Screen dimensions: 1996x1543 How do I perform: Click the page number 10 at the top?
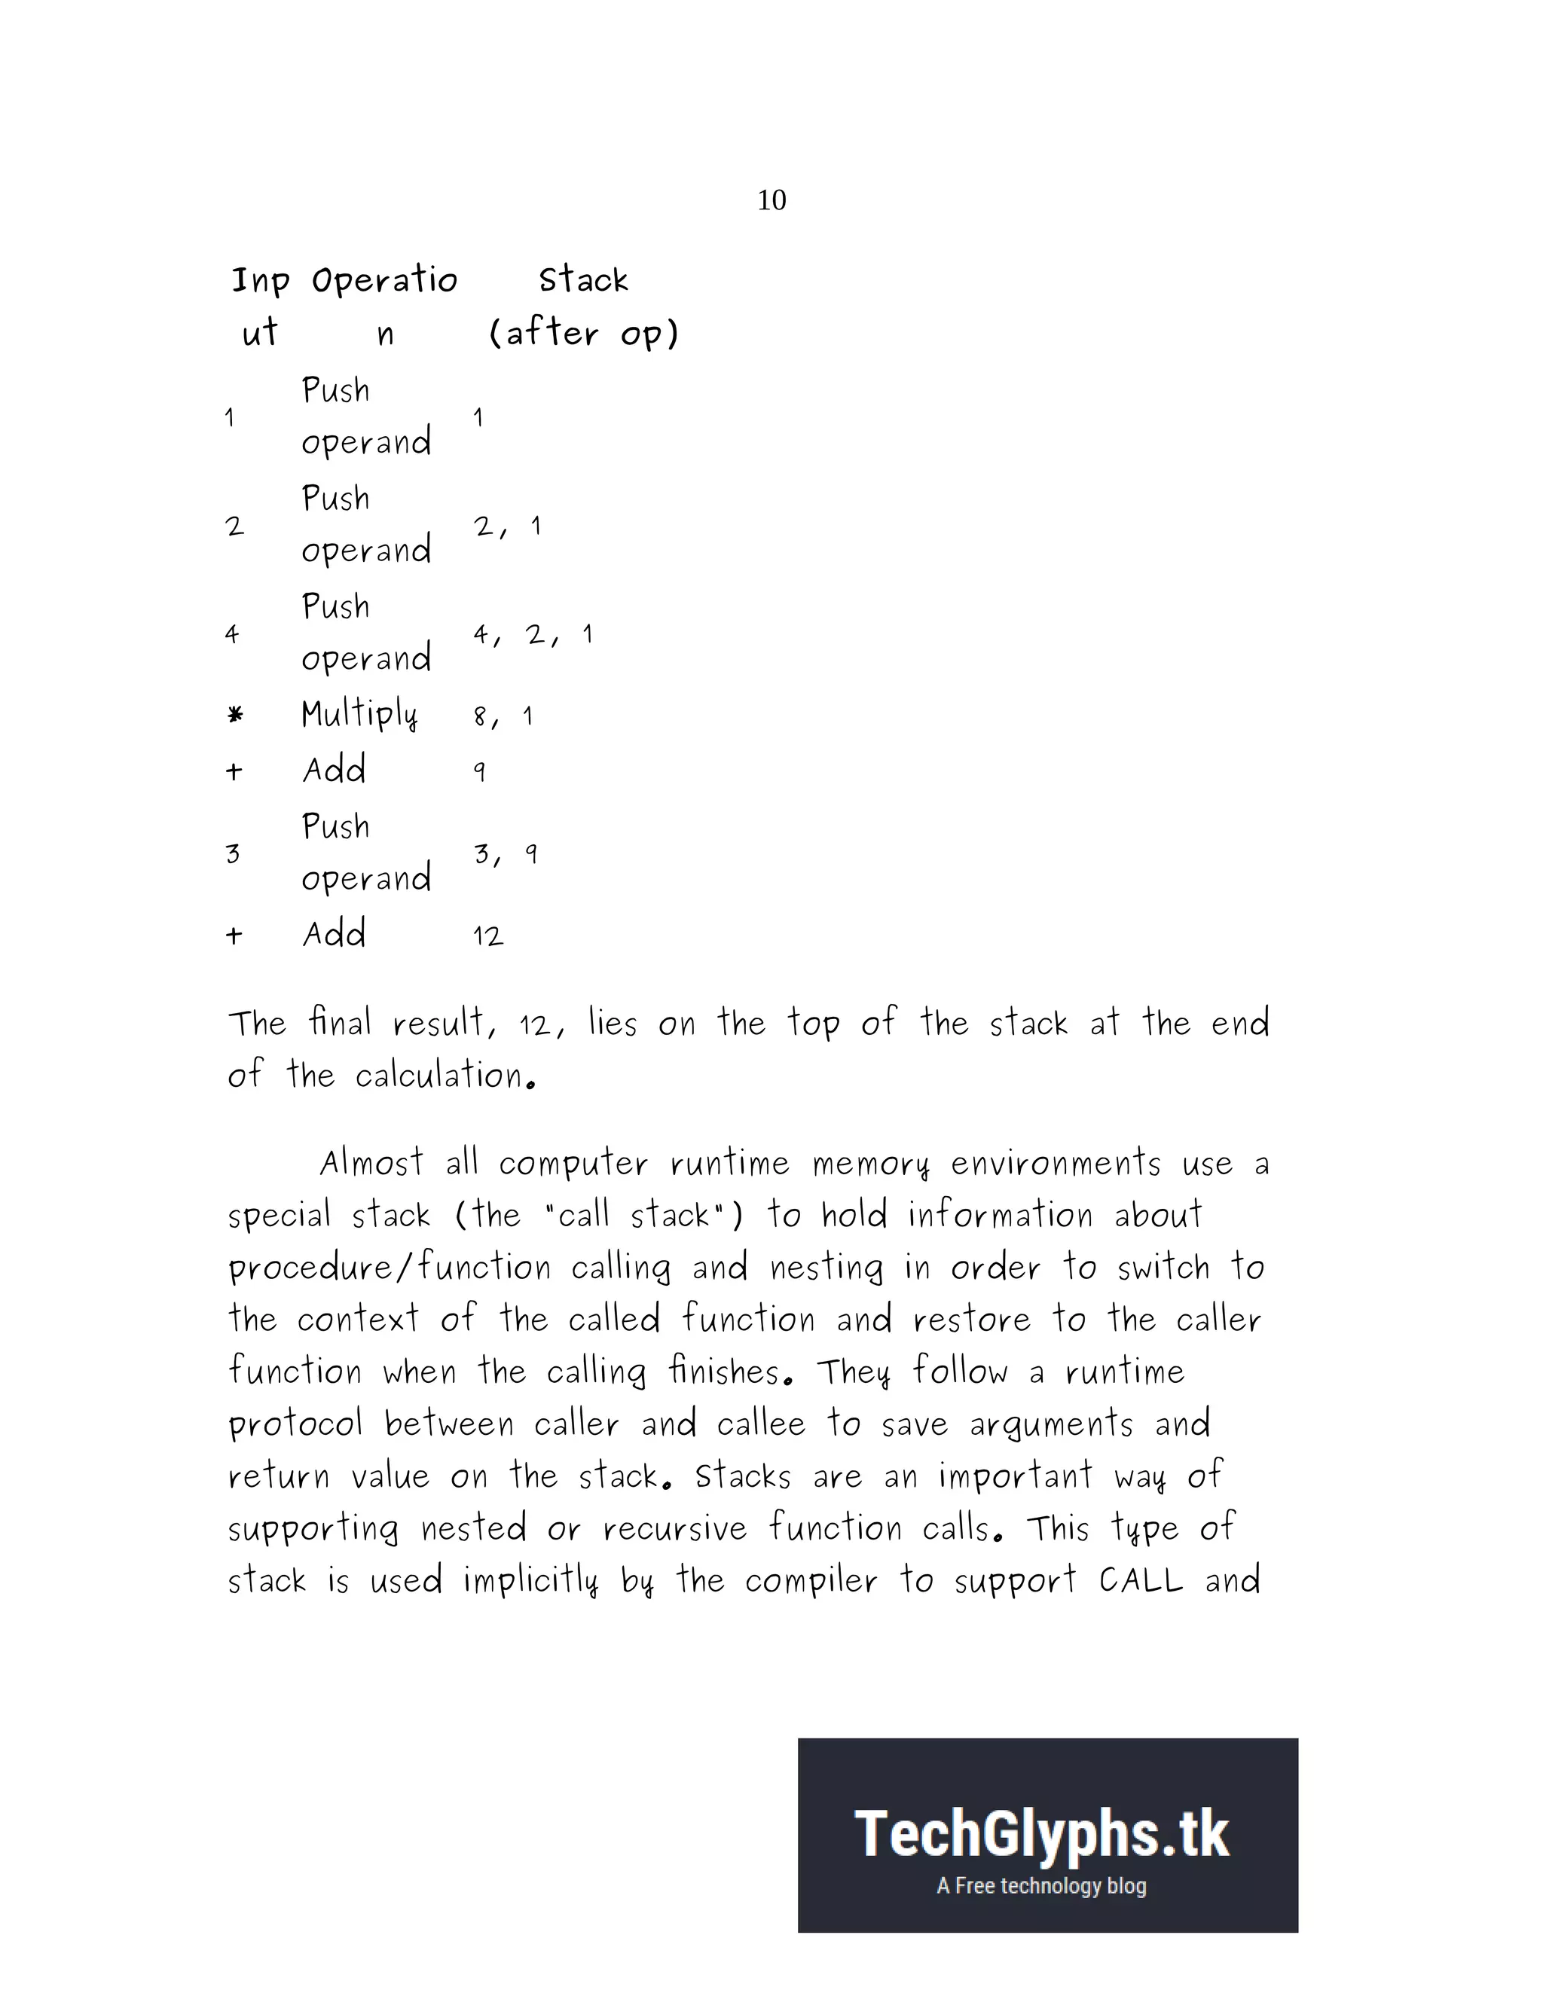pyautogui.click(x=771, y=200)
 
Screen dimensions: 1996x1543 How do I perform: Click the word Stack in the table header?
pyautogui.click(x=583, y=279)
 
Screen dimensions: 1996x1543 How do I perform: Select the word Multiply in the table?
pyautogui.click(x=359, y=714)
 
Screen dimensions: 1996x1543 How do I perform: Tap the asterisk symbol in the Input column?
pyautogui.click(x=235, y=715)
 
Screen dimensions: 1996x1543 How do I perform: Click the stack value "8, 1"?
pyautogui.click(x=503, y=716)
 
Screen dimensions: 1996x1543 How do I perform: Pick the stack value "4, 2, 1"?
pyautogui.click(x=533, y=634)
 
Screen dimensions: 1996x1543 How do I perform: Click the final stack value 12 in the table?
pyautogui.click(x=488, y=935)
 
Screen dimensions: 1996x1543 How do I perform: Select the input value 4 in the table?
pyautogui.click(x=232, y=634)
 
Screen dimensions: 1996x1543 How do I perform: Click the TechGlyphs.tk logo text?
pyautogui.click(x=1042, y=1834)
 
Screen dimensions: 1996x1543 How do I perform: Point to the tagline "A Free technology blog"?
pyautogui.click(x=1041, y=1885)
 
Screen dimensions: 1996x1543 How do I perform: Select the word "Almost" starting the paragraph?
pyautogui.click(x=371, y=1164)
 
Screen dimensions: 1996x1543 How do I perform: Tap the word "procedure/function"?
pyautogui.click(x=390, y=1268)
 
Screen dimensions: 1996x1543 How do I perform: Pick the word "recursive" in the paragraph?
pyautogui.click(x=674, y=1528)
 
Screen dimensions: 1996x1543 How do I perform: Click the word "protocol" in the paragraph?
pyautogui.click(x=295, y=1424)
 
